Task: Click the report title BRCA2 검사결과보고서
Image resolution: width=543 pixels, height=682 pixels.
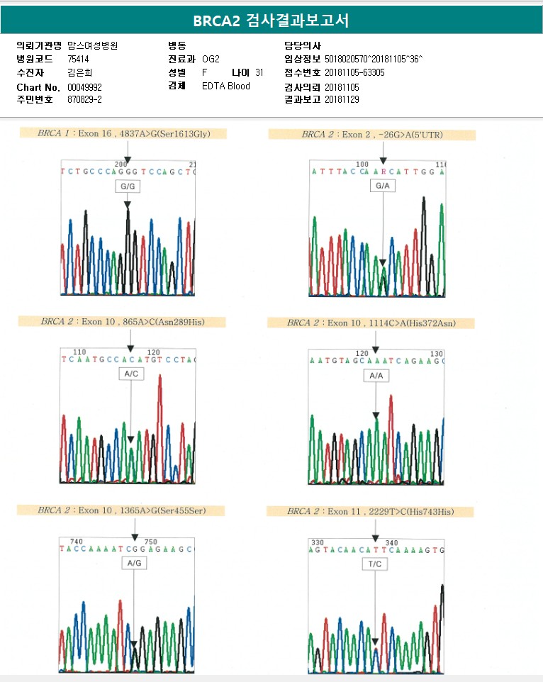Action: [271, 21]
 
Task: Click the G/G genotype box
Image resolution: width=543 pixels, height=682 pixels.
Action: [128, 186]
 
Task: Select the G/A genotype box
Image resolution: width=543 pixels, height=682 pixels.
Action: [383, 186]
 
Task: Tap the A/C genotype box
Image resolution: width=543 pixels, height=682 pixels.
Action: [130, 374]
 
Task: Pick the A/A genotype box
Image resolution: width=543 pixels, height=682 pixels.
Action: [376, 376]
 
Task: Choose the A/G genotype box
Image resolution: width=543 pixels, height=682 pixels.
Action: [133, 562]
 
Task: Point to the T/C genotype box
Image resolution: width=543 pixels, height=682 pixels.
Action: [375, 564]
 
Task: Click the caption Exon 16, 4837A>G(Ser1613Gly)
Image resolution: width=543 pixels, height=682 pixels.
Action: [123, 133]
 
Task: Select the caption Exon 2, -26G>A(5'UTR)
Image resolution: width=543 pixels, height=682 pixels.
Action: [371, 135]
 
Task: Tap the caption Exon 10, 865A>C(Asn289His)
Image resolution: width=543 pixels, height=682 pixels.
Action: [122, 322]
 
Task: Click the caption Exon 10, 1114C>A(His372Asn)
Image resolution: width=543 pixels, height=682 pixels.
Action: [371, 323]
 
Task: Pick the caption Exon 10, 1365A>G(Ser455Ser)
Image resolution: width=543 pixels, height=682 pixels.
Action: [121, 510]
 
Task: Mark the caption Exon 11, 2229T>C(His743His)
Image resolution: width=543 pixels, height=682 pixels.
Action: [371, 511]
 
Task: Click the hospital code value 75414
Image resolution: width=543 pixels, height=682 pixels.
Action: [79, 59]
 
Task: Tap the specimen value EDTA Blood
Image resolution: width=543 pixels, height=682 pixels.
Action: [225, 86]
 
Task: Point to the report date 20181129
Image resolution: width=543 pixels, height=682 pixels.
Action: [342, 100]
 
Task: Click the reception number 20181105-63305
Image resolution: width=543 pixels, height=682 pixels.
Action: [354, 72]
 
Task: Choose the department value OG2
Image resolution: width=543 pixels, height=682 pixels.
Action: [211, 59]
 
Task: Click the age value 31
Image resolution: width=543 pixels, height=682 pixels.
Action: [259, 72]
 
